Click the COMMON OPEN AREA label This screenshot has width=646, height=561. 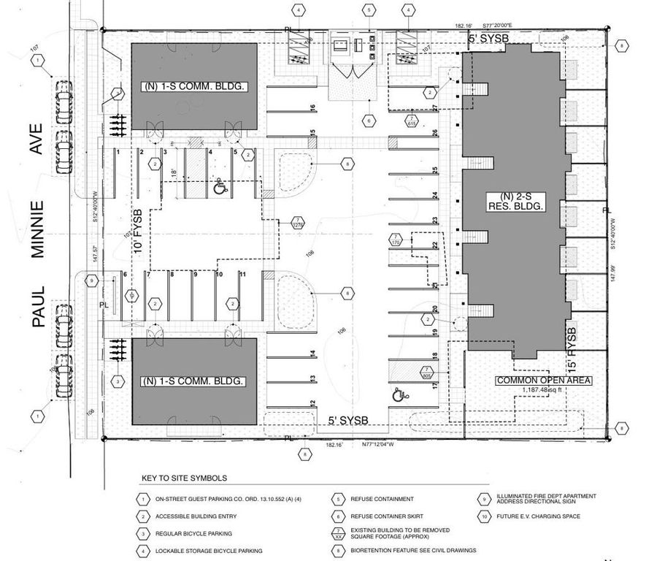coord(543,381)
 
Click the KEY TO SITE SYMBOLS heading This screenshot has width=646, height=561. coord(184,478)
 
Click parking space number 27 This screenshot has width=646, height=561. coord(434,108)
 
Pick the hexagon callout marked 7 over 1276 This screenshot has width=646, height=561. coord(298,222)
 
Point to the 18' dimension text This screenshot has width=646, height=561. coord(173,173)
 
